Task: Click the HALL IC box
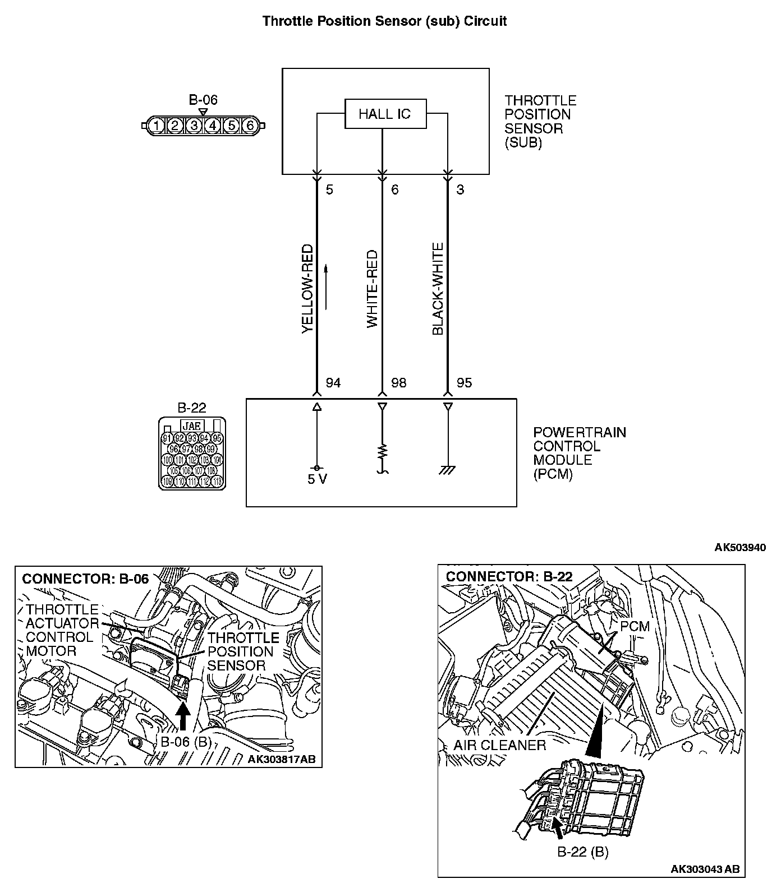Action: (385, 114)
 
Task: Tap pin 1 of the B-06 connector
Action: (157, 126)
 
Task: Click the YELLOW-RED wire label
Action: (307, 289)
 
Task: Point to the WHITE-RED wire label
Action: (373, 289)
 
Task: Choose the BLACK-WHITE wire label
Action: (438, 289)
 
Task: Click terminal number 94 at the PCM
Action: (333, 383)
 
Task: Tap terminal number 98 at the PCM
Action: (399, 383)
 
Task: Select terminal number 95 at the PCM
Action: (465, 383)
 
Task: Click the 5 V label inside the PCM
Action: (317, 479)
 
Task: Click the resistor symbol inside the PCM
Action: (382, 451)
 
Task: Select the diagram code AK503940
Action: (740, 547)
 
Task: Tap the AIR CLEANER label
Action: (499, 745)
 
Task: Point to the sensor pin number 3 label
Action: (460, 189)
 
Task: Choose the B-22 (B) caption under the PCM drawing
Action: (582, 852)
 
